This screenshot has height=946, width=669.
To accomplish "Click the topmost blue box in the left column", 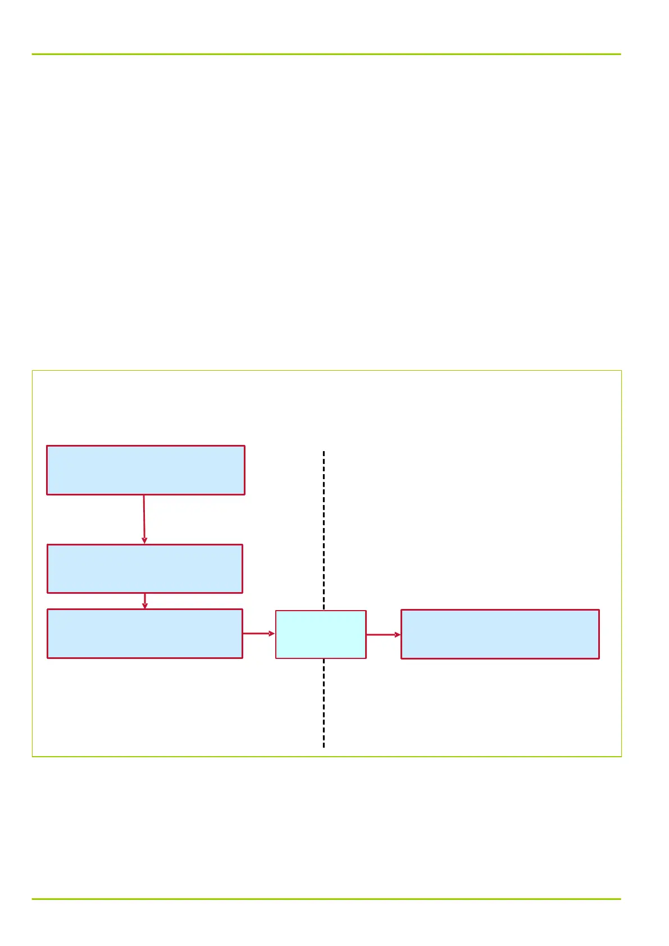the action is point(145,470).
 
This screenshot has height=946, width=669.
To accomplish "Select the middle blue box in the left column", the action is point(145,568).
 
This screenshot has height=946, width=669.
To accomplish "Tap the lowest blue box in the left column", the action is point(145,633).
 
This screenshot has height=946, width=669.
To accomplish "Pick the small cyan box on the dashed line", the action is point(321,634).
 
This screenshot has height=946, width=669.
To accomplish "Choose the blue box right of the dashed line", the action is point(500,634).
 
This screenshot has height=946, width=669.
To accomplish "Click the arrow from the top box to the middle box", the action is point(144,518).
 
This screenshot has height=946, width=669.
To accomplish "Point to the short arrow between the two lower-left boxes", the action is point(145,600).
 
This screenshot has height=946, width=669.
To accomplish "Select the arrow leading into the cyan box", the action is point(258,633).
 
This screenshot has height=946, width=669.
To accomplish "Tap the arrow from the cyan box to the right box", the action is point(383,635).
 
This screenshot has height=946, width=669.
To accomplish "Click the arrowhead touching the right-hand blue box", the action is point(398,635).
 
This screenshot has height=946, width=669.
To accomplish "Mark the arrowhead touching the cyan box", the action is point(272,633).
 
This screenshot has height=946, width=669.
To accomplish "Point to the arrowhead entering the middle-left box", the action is point(144,540).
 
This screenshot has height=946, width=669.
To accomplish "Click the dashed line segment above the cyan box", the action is point(324,528).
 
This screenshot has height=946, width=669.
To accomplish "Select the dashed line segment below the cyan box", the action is point(324,702).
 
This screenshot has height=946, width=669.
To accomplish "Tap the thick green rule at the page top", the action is point(326,54).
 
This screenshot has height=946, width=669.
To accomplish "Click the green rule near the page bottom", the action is point(326,899).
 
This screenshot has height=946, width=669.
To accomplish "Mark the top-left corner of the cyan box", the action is point(276,611).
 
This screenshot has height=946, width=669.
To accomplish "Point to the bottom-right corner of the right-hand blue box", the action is point(599,658).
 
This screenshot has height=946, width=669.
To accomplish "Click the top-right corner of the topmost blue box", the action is point(244,447).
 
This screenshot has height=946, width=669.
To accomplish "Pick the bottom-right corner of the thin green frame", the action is point(621,756).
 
